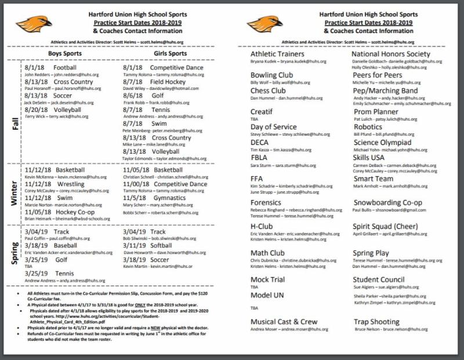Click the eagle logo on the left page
[38, 24]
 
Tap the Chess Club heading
[268, 90]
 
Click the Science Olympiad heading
[382, 142]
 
